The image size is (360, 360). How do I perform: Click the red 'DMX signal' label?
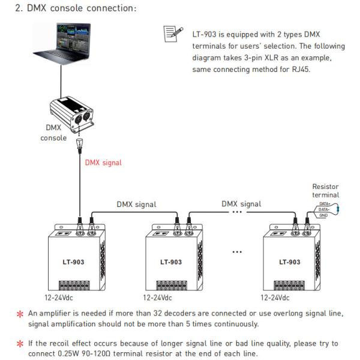click(103, 162)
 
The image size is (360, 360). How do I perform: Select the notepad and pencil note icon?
click(172, 35)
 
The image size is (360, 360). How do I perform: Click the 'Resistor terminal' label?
click(325, 191)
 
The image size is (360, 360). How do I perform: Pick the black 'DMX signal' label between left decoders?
click(136, 204)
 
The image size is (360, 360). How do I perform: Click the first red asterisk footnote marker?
click(19, 313)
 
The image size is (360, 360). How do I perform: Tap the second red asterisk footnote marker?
click(19, 344)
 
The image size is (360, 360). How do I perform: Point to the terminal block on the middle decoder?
click(173, 285)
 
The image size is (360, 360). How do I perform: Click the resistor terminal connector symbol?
click(324, 209)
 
